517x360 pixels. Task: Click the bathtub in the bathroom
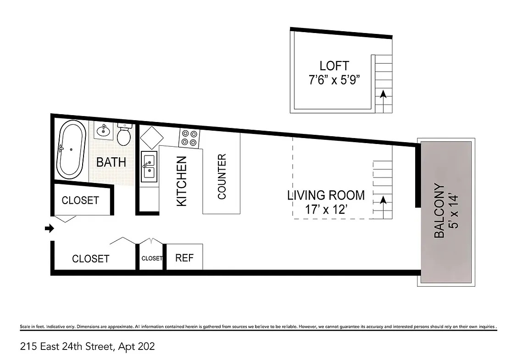(x=71, y=150)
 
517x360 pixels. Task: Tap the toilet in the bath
(x=124, y=134)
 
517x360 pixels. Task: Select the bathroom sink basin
(x=104, y=131)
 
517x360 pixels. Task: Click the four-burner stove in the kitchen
(x=189, y=138)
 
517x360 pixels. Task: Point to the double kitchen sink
(x=149, y=166)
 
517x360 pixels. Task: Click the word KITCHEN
(x=182, y=181)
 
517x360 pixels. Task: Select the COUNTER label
(x=222, y=177)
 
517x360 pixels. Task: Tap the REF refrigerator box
(x=184, y=257)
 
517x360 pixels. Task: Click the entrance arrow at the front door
(x=50, y=228)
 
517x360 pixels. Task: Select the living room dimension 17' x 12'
(x=326, y=209)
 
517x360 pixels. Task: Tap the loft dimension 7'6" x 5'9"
(x=334, y=80)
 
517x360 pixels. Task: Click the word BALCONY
(x=439, y=210)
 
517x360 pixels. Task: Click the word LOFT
(x=334, y=66)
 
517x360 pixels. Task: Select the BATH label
(x=111, y=162)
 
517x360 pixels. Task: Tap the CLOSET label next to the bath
(x=80, y=200)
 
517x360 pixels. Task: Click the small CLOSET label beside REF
(x=152, y=259)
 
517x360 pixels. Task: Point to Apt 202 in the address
(x=136, y=347)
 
